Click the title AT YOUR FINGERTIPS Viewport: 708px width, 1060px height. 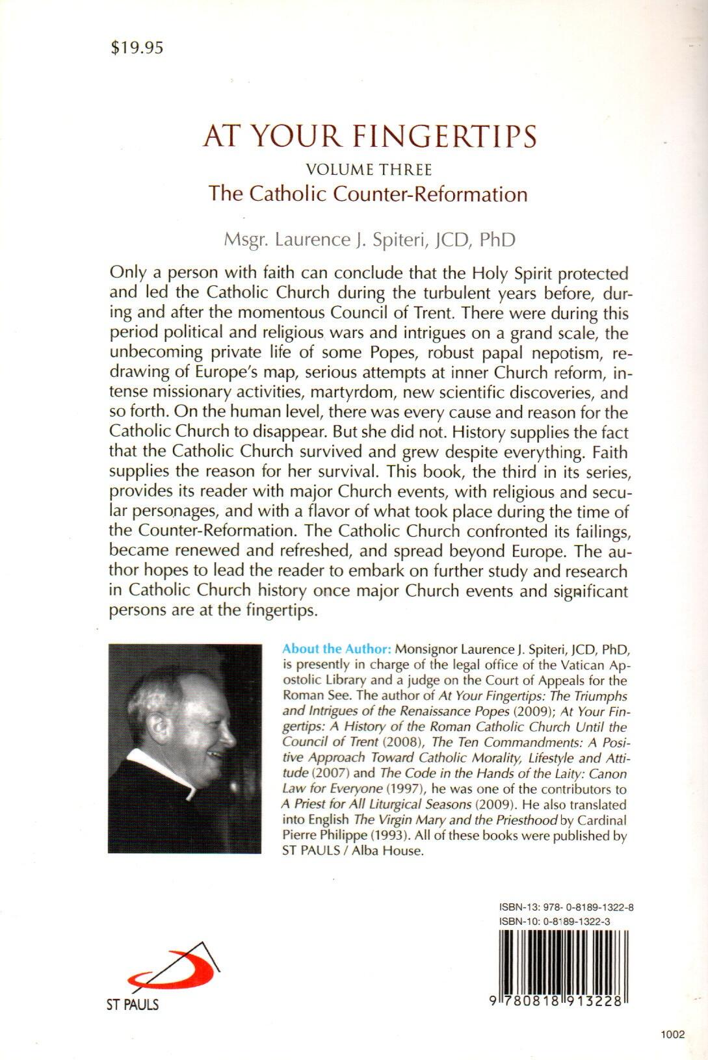point(370,137)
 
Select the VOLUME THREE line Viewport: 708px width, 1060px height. point(369,170)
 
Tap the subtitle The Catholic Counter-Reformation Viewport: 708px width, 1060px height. point(368,194)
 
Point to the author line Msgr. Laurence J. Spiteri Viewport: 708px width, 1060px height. point(369,239)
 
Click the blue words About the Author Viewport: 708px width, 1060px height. point(336,649)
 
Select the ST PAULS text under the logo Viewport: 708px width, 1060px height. point(133,1005)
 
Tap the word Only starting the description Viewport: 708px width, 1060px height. point(128,272)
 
